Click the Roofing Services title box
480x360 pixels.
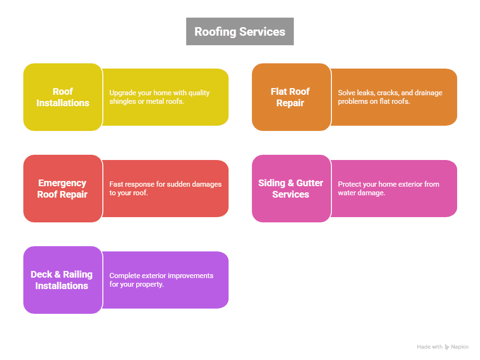tap(240, 31)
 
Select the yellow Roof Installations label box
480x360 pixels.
tap(63, 97)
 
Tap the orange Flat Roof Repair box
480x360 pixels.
tap(290, 97)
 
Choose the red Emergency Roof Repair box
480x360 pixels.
tap(62, 189)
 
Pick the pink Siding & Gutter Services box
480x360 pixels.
tap(290, 189)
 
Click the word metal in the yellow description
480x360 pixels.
tap(149, 101)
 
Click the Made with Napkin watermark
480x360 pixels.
tap(442, 347)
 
